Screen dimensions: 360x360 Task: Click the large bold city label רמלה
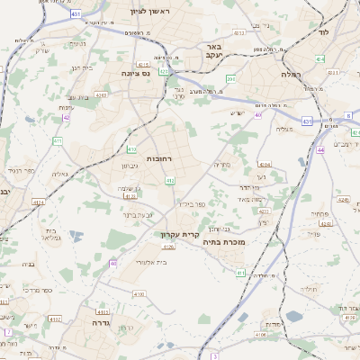(x=292, y=75)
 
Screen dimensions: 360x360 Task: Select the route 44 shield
(x=321, y=150)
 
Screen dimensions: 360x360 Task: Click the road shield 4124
(x=37, y=202)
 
